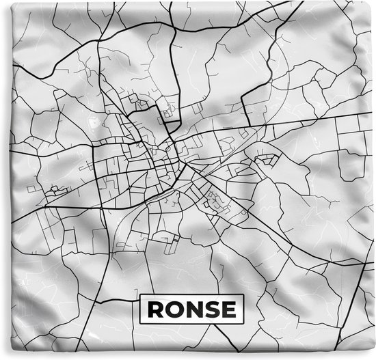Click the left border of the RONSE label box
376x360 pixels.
(139, 310)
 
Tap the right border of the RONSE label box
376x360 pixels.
(243, 310)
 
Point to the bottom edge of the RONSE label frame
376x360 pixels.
(191, 323)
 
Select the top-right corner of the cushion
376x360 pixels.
(373, 3)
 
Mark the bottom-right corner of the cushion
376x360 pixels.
(373, 357)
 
